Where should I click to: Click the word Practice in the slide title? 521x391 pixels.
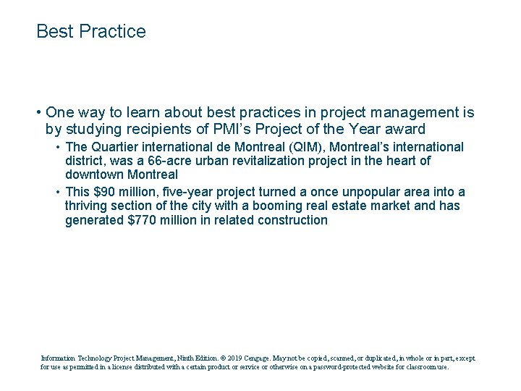112,32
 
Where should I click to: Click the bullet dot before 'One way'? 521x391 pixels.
38,113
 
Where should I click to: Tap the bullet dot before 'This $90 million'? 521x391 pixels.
58,193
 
